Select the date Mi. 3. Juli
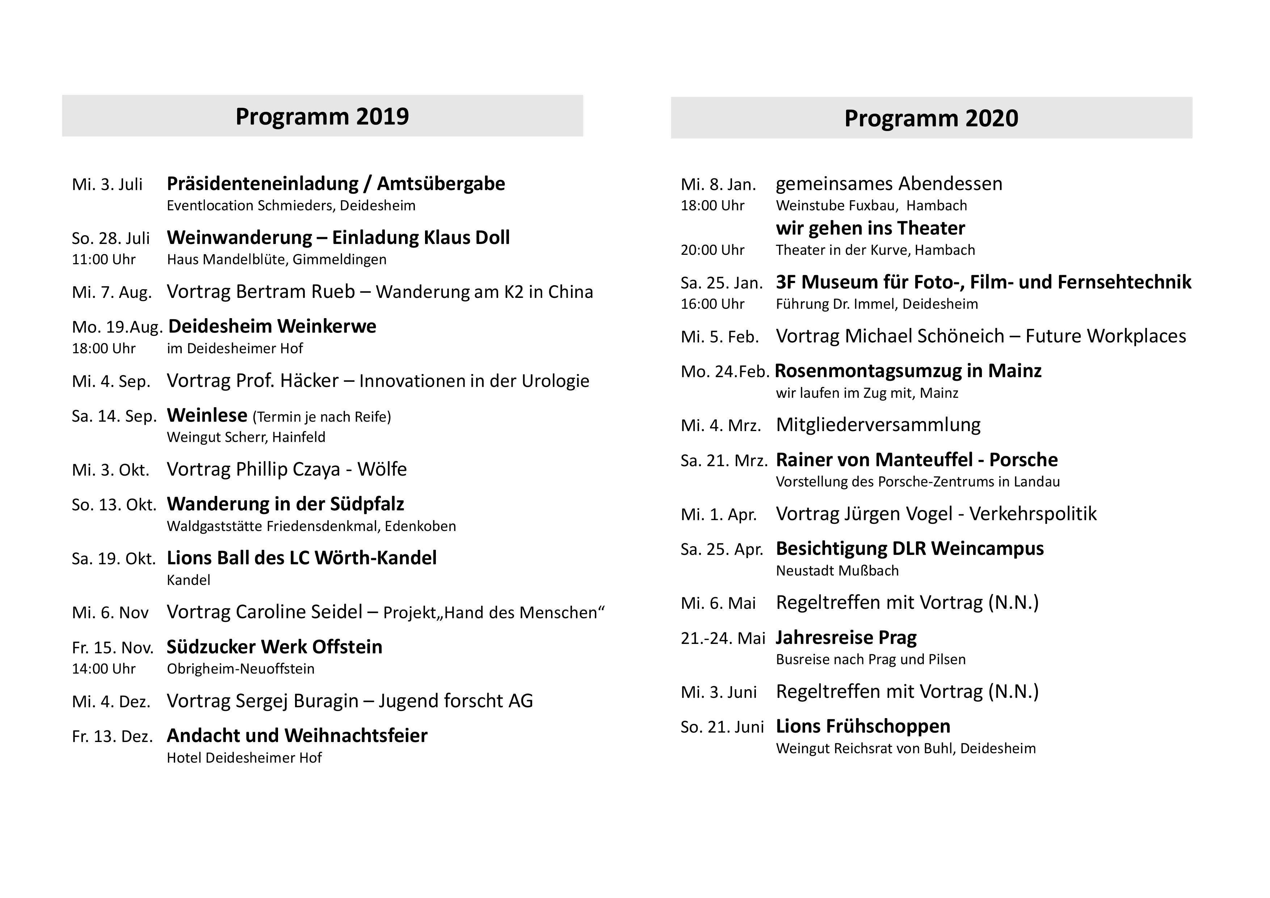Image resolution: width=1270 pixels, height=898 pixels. point(107,185)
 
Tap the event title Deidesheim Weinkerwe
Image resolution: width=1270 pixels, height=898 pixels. point(272,327)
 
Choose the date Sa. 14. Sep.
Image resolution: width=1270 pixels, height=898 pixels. point(114,416)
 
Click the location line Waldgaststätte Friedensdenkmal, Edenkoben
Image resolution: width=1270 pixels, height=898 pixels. point(311,526)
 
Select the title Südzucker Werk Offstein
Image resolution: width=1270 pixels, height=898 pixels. point(274,647)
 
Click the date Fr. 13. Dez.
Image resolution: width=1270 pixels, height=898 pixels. point(112,737)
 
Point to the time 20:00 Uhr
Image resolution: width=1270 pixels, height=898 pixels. point(712,250)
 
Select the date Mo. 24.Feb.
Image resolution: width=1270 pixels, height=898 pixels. point(725,372)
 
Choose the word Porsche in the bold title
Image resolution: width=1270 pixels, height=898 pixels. point(1023,460)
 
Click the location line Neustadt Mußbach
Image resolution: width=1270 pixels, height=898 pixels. point(837,571)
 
